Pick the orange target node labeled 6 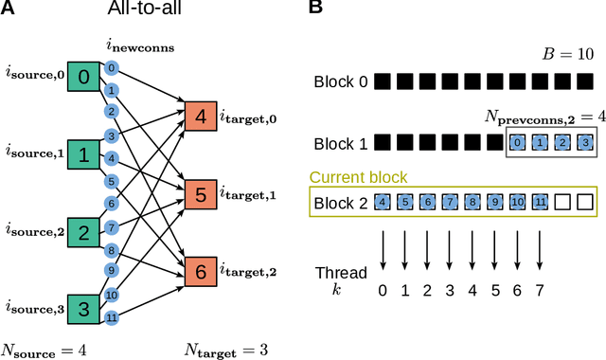(201, 272)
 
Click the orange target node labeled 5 (201, 195)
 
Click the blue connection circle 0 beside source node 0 (111, 68)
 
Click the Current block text (358, 177)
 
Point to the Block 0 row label (342, 82)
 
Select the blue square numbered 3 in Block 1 (585, 143)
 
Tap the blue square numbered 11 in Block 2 (541, 202)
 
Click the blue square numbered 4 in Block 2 (383, 202)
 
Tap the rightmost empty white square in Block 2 (585, 202)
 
